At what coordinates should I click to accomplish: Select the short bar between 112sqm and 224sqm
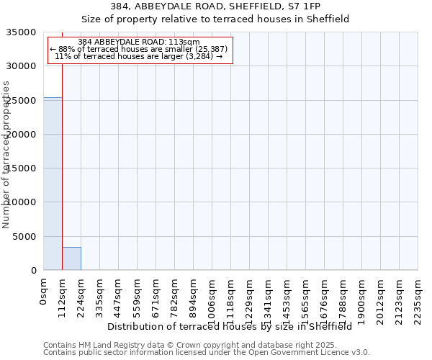(71, 258)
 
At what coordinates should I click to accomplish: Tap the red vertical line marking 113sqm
(62, 158)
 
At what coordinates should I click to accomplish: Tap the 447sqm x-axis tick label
(119, 297)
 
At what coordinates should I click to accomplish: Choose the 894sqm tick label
(194, 297)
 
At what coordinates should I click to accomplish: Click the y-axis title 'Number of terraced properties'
(6, 154)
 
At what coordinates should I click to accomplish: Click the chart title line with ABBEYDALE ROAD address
(230, 6)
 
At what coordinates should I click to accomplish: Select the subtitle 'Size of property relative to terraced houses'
(230, 19)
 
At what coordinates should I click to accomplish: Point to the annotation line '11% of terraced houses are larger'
(139, 56)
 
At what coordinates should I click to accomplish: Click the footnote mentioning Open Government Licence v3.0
(207, 353)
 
